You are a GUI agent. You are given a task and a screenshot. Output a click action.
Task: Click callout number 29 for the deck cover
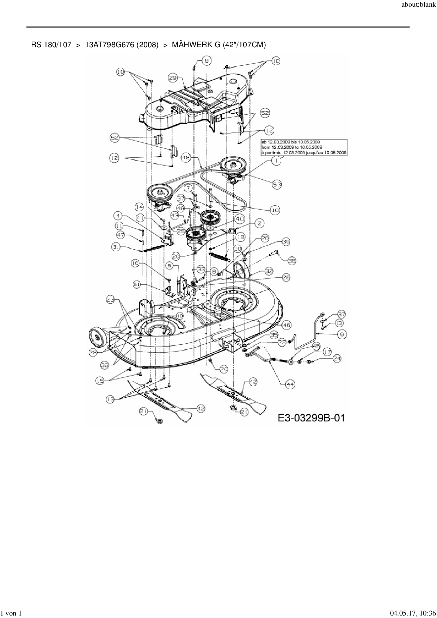[173, 78]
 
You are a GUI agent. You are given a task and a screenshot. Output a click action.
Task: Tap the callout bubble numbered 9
[207, 61]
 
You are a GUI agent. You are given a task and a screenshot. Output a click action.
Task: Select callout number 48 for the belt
[186, 158]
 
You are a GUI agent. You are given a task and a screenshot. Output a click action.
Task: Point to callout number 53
[277, 184]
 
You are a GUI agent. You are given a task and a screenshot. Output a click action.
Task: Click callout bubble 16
[275, 210]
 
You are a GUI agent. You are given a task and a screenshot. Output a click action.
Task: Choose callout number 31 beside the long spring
[116, 247]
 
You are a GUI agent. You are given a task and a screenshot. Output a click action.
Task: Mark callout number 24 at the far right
[337, 359]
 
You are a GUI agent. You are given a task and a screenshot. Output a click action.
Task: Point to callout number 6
[341, 334]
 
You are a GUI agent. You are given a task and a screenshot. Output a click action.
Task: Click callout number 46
[286, 325]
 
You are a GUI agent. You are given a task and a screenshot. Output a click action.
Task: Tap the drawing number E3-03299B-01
[311, 418]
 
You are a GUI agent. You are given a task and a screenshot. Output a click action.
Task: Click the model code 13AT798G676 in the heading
[122, 45]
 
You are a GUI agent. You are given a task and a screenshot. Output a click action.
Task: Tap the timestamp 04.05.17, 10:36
[413, 613]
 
